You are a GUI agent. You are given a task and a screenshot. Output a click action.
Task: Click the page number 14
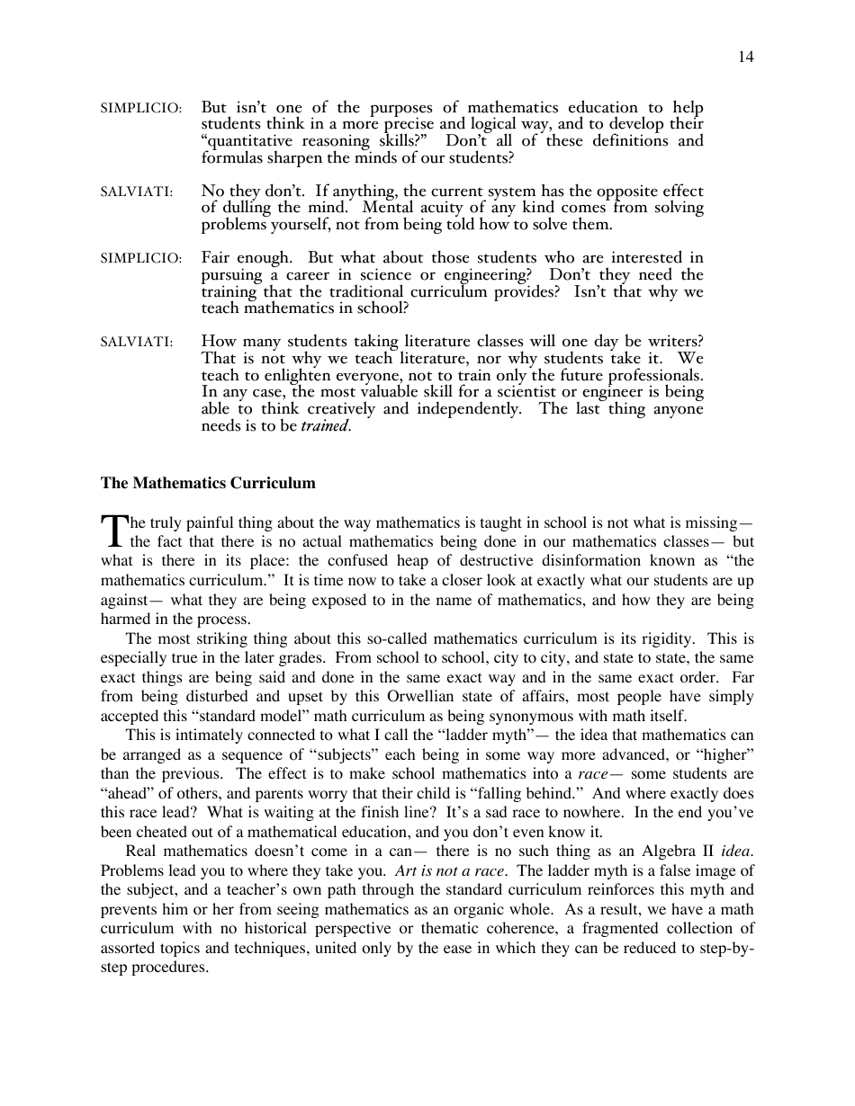[x=746, y=57]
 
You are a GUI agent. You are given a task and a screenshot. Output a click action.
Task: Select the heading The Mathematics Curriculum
[x=208, y=483]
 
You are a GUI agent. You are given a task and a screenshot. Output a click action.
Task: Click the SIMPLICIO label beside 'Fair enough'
[x=140, y=259]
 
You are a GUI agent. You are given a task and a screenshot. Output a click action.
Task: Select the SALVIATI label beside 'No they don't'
[x=137, y=192]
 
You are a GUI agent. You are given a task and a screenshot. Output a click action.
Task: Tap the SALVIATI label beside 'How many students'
[x=137, y=342]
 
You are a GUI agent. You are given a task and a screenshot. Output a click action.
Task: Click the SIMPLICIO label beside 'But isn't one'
[x=140, y=108]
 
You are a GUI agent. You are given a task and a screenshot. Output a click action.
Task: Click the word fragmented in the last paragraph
[x=600, y=928]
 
